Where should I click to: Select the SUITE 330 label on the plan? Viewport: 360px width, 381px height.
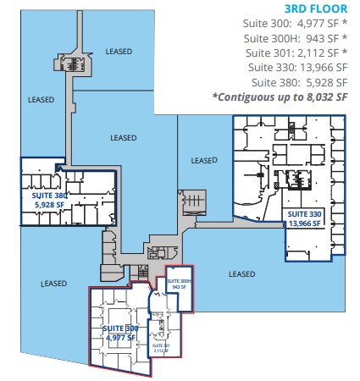point(303,214)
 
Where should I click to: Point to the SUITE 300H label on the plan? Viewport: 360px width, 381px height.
point(180,280)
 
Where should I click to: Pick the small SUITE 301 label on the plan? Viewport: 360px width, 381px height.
point(161,345)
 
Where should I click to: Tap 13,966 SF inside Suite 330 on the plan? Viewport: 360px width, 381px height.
point(303,224)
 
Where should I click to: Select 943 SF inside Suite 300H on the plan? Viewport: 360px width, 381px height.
point(179,287)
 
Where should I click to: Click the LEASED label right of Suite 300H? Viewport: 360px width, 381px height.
point(241,273)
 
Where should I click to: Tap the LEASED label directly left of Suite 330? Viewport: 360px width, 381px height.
point(204,160)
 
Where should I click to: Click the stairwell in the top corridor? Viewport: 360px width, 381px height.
point(82,63)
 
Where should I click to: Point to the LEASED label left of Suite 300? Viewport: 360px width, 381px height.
point(53,284)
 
